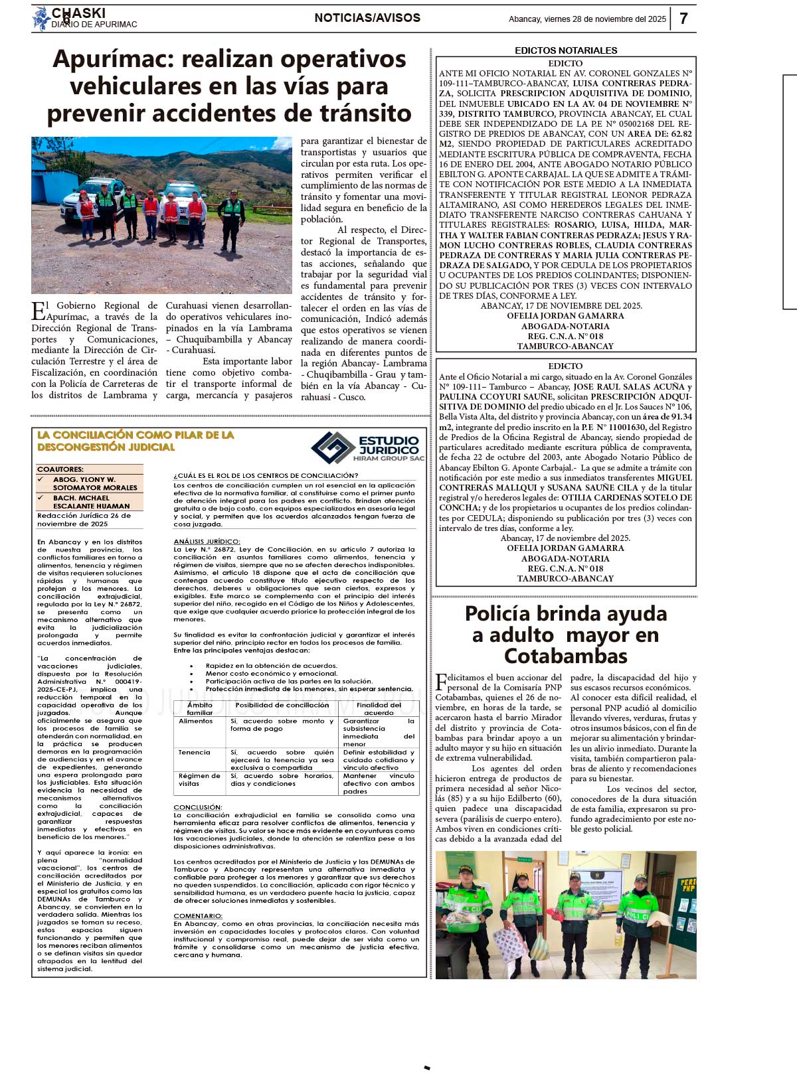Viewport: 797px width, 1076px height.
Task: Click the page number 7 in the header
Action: coord(683,18)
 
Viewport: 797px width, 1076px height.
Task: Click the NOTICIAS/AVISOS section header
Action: coord(367,18)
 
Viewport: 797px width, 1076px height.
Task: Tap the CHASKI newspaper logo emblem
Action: coord(41,19)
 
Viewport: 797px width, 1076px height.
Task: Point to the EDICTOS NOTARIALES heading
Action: coord(566,50)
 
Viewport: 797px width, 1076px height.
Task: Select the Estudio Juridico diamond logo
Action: coord(333,448)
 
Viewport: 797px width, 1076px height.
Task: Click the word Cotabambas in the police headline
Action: coord(566,656)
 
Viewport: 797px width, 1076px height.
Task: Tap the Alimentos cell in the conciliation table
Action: coord(195,721)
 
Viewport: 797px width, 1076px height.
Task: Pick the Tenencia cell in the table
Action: coord(194,752)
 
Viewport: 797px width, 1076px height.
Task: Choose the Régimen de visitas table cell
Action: coord(199,779)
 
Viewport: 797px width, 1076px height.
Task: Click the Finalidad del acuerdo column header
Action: coord(379,709)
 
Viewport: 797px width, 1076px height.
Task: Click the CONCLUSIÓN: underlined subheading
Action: coord(198,807)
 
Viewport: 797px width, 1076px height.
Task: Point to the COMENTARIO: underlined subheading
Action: coord(198,916)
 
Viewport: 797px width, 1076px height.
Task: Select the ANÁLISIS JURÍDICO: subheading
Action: coord(207,542)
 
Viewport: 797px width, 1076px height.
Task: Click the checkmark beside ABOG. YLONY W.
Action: coord(41,479)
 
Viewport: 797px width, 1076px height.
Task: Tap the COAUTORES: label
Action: coord(60,469)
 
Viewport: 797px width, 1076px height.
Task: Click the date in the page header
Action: coord(587,19)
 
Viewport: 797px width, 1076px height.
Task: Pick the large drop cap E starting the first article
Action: coord(39,311)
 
